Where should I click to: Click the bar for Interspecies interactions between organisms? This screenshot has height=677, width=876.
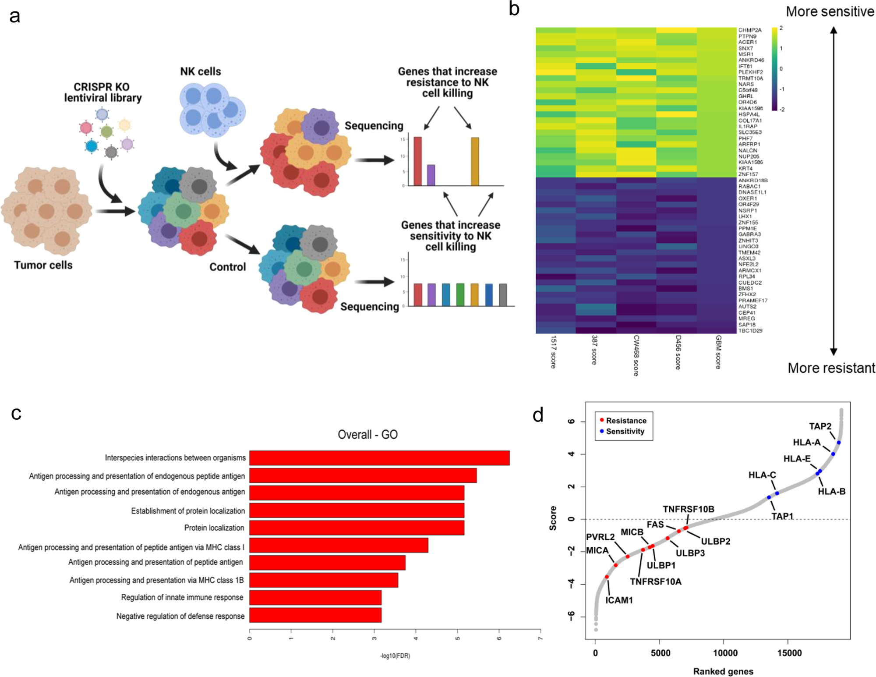tap(379, 458)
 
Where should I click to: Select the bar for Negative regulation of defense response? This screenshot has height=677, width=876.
tap(315, 615)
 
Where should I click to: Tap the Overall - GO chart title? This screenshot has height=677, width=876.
tap(367, 435)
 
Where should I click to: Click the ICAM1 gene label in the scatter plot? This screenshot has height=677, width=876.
tap(619, 600)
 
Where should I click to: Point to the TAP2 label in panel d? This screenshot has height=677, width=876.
tap(820, 426)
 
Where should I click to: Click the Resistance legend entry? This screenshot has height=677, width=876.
tap(626, 421)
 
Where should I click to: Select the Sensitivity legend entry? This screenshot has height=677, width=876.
tap(625, 431)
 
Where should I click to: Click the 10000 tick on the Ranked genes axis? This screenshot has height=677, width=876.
tap(725, 653)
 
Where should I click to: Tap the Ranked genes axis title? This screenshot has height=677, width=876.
tap(723, 671)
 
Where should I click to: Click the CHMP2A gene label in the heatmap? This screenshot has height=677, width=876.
tap(750, 30)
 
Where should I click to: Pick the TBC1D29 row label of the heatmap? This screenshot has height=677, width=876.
tap(750, 331)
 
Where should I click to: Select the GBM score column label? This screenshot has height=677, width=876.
tap(718, 352)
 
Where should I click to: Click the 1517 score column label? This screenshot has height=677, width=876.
tap(554, 352)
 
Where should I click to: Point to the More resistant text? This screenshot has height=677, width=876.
tap(831, 368)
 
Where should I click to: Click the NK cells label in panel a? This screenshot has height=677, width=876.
tap(201, 71)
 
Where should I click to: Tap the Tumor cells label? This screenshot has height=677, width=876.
tap(43, 265)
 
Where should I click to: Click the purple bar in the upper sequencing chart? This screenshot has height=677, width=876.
tap(431, 175)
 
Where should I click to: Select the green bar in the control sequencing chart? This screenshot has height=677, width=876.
tap(460, 294)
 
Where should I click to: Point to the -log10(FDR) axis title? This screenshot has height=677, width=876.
tap(395, 656)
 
